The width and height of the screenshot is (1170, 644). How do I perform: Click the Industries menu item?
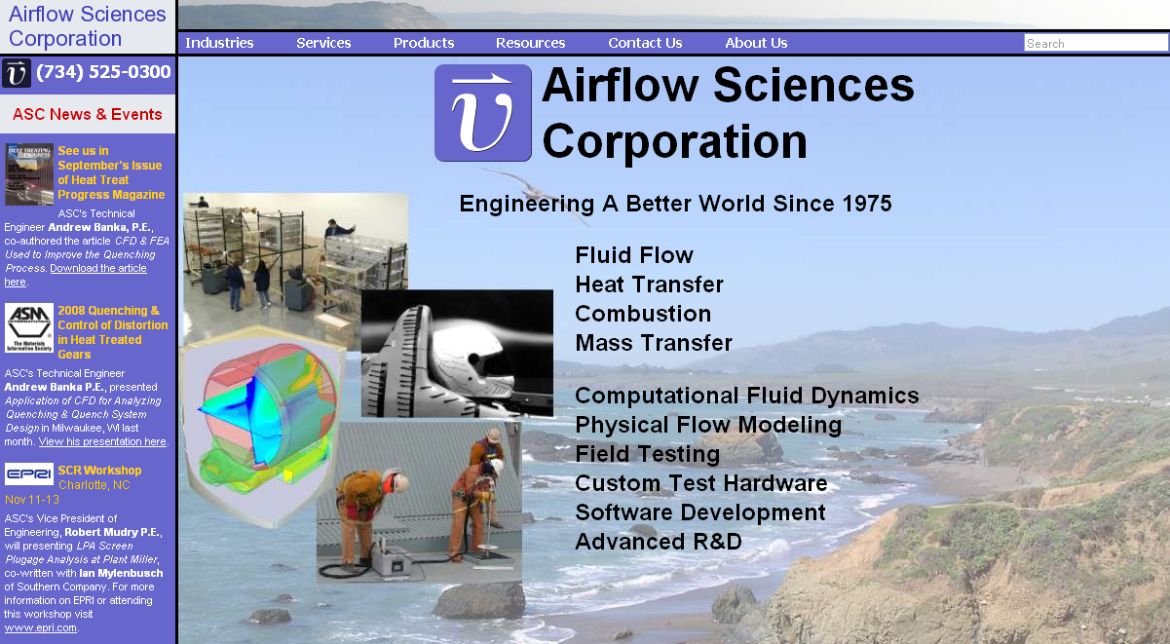point(219,43)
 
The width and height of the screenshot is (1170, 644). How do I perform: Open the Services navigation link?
point(323,43)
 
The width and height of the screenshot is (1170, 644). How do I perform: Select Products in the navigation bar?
point(424,43)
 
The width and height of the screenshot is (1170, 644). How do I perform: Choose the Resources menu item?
point(530,43)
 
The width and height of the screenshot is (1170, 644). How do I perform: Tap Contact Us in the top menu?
point(645,43)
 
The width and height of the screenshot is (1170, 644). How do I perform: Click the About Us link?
point(756,43)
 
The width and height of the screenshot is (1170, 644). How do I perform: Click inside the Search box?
point(1095,43)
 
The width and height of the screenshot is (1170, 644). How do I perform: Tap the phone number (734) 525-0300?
point(103,71)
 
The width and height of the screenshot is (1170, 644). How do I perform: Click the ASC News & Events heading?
point(88,114)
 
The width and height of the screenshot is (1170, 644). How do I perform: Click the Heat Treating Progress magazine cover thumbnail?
point(29,174)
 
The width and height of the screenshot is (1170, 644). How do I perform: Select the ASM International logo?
point(29,327)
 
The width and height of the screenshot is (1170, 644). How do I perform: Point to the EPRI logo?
point(29,474)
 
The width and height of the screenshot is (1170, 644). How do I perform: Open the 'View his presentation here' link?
point(102,442)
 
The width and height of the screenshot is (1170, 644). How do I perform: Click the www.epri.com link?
point(41,627)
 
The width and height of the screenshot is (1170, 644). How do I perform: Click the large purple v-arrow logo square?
point(483,113)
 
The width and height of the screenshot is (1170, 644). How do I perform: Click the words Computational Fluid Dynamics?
point(747,396)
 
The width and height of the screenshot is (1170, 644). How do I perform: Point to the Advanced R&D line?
point(659,542)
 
